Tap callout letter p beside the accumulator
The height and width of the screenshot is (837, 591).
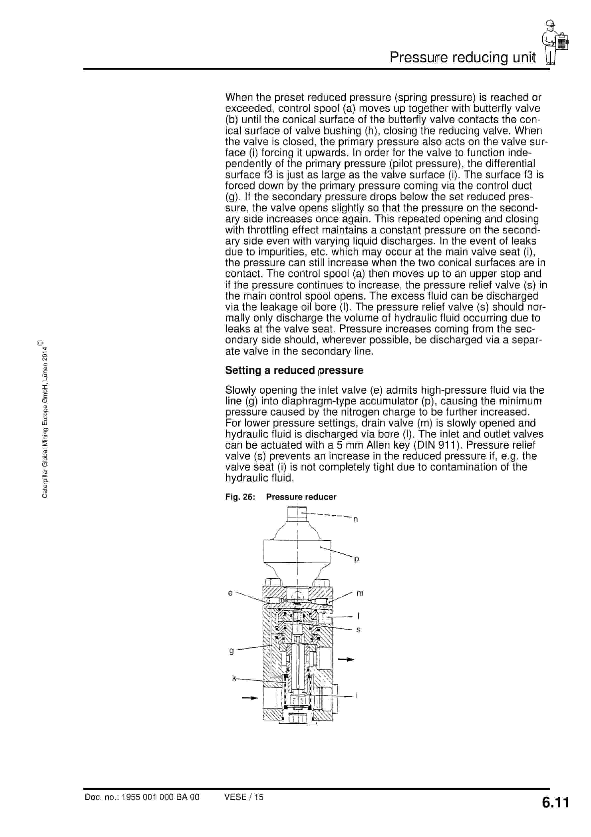click(x=356, y=559)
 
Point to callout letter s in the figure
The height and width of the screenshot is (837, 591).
click(x=358, y=630)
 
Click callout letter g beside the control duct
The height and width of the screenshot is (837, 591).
click(x=231, y=651)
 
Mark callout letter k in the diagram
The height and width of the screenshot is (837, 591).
click(x=234, y=678)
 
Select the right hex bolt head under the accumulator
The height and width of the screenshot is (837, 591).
click(x=323, y=582)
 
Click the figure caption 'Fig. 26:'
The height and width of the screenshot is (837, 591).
click(x=240, y=497)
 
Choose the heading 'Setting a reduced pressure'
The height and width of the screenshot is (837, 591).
click(x=294, y=370)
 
